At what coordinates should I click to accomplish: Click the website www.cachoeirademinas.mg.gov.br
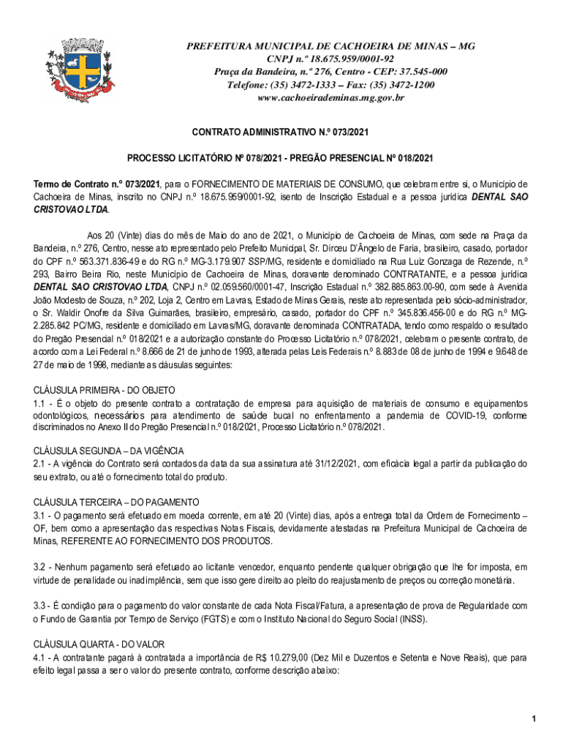pyautogui.click(x=330, y=98)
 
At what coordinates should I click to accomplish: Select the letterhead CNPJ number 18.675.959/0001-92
pyautogui.click(x=351, y=59)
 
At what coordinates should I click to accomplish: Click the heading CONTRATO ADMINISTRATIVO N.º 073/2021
pyautogui.click(x=281, y=132)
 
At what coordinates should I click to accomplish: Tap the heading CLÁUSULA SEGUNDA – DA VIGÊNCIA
pyautogui.click(x=109, y=450)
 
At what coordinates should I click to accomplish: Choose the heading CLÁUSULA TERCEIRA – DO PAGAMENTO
pyautogui.click(x=116, y=503)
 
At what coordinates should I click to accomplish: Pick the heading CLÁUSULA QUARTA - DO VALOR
pyautogui.click(x=99, y=644)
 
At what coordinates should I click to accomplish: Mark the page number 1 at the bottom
pyautogui.click(x=535, y=719)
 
